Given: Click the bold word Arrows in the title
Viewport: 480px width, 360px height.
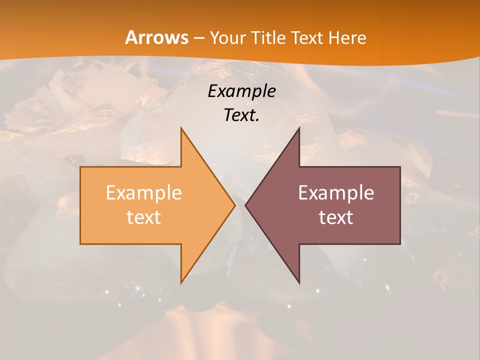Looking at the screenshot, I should click(156, 37).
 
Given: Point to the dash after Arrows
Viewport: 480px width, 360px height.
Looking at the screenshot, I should click(198, 38).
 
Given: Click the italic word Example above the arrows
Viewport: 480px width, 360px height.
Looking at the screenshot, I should click(242, 91).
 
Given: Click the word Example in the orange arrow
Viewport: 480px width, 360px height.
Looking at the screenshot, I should click(144, 192).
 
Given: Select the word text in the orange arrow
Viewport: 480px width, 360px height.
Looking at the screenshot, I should click(144, 217).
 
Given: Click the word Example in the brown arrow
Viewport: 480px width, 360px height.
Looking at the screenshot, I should click(336, 192).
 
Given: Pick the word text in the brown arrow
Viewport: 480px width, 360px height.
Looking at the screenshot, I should click(336, 217).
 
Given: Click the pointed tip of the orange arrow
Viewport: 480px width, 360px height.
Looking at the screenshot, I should click(235, 205).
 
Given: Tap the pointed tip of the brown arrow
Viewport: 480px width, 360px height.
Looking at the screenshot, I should click(245, 205).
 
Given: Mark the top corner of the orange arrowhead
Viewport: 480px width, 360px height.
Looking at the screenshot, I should click(181, 128).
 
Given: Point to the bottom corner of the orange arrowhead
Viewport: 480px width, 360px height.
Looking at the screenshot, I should click(181, 283).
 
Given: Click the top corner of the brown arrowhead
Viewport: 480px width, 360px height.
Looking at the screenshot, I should click(299, 128).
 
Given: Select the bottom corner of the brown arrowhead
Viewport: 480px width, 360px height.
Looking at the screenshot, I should click(299, 283).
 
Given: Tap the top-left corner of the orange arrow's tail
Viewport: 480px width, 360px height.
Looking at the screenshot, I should click(80, 167).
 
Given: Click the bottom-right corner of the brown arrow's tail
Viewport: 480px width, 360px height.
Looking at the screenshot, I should click(400, 244).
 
